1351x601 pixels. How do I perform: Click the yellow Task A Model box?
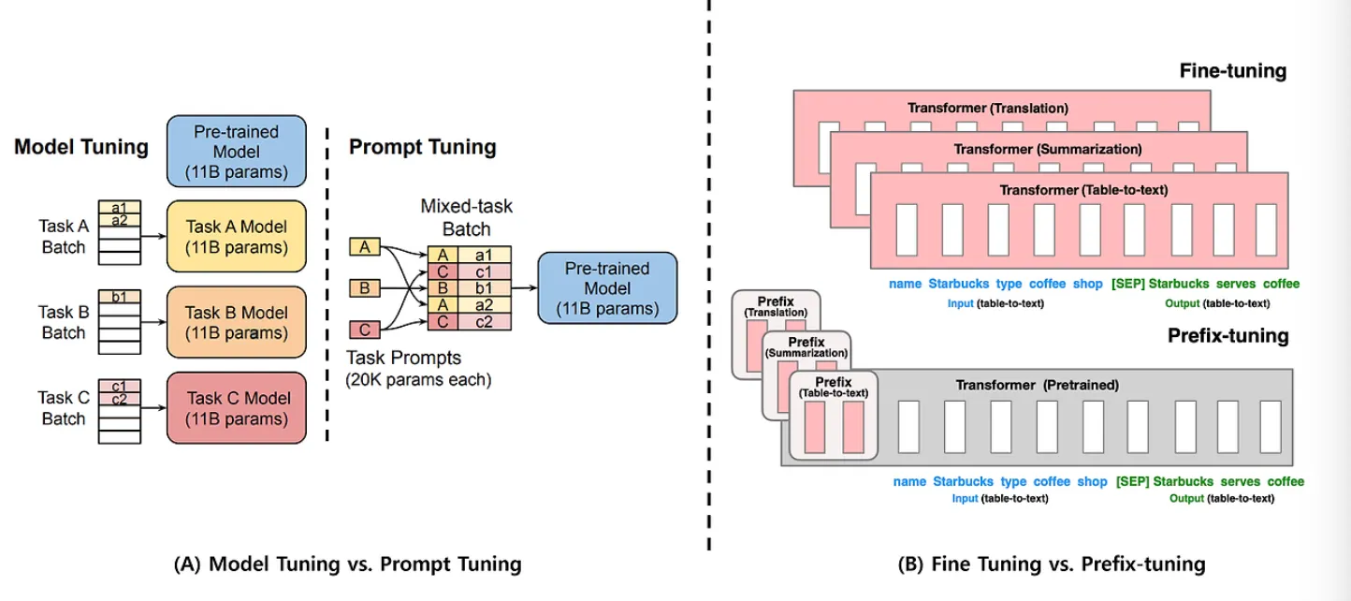click(238, 237)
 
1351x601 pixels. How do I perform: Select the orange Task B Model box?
click(238, 322)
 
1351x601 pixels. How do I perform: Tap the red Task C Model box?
click(238, 408)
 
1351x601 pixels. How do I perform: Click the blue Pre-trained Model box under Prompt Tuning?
click(606, 287)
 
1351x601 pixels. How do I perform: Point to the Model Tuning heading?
click(81, 147)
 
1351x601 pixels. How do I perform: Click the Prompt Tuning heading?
click(423, 147)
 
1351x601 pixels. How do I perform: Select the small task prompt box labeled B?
click(364, 287)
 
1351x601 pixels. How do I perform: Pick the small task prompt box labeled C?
click(364, 329)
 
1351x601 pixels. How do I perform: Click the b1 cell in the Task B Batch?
click(120, 297)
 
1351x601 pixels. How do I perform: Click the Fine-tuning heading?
click(1233, 71)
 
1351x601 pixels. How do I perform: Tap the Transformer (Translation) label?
click(987, 109)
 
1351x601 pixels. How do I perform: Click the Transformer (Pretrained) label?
click(1037, 385)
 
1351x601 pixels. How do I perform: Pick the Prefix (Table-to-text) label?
click(833, 387)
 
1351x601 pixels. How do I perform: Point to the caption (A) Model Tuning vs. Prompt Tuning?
click(347, 564)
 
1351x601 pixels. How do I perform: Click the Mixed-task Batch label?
click(468, 217)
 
